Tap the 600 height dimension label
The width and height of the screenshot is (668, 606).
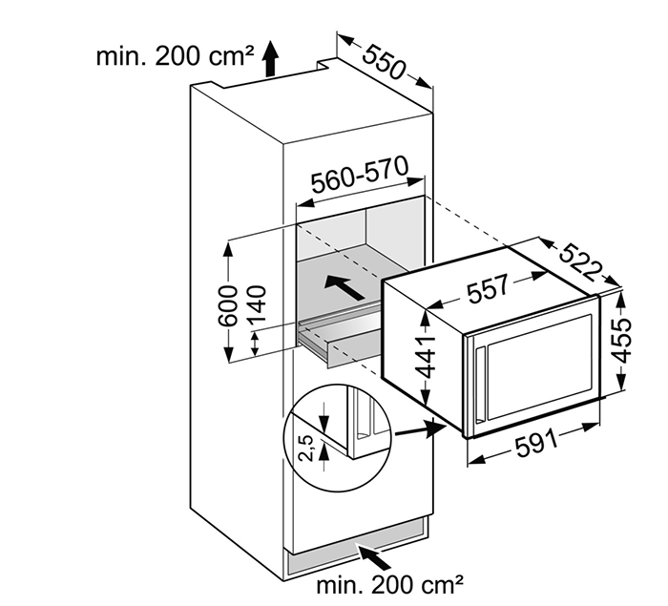click(227, 303)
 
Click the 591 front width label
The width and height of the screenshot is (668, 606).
click(535, 448)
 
